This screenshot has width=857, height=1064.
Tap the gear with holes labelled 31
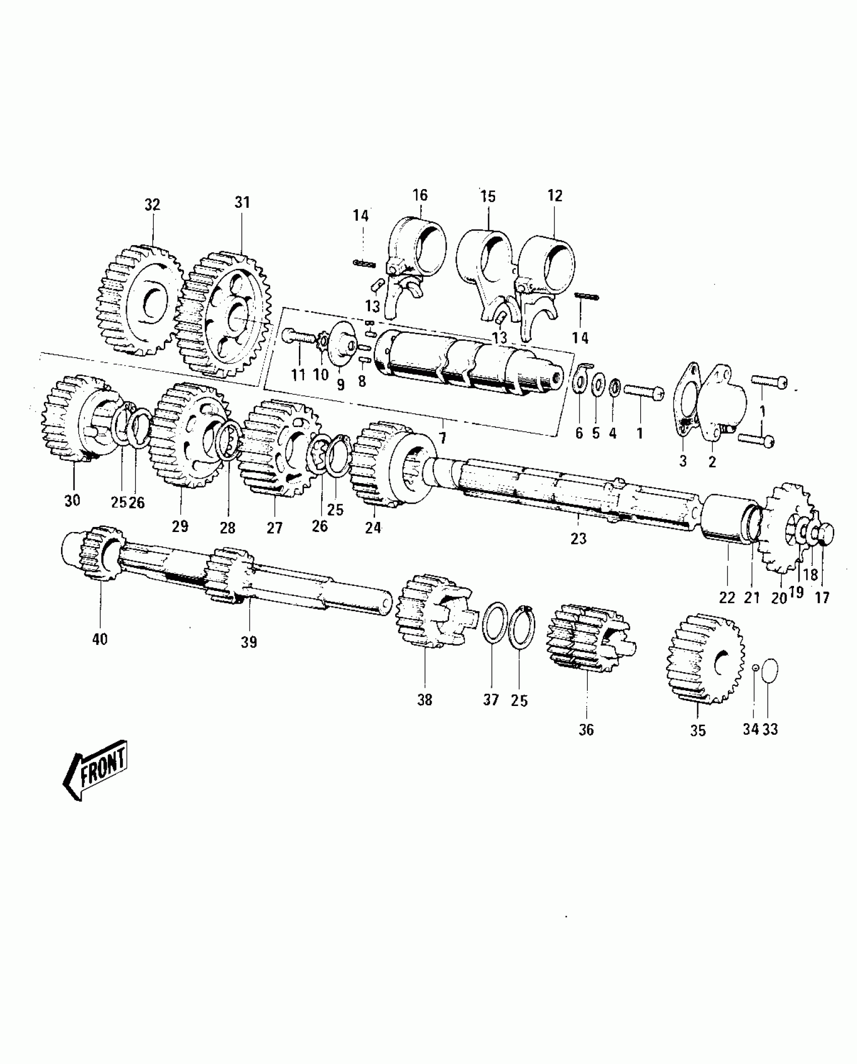(x=224, y=315)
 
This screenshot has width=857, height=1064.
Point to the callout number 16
(x=420, y=195)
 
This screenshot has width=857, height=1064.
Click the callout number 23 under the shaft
(x=579, y=539)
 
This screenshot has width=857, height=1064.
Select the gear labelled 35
(x=703, y=658)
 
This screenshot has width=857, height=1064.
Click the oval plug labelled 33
(x=769, y=671)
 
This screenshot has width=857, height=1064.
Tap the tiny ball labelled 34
(x=755, y=668)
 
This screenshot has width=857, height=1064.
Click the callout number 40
(x=100, y=639)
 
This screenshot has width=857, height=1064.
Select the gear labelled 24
(x=388, y=464)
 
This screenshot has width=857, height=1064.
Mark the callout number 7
(x=443, y=438)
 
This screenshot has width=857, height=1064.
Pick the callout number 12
(x=555, y=195)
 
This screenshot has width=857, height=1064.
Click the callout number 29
(x=180, y=526)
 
